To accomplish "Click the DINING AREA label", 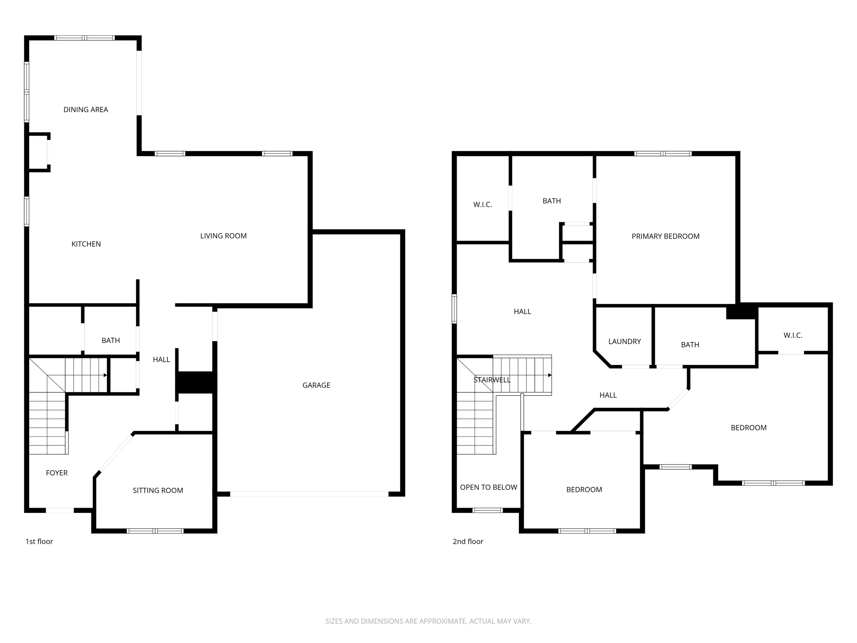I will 86,110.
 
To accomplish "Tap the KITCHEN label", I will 86,244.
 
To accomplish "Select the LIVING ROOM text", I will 223,236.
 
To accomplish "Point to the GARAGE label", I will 316,385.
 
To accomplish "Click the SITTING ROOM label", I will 158,491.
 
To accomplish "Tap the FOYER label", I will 56,473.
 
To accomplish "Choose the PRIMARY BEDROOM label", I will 665,237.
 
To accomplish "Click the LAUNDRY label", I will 624,342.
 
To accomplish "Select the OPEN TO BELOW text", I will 488,487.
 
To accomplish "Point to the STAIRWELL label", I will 492,380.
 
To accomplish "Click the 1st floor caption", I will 39,542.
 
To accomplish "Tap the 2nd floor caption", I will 468,542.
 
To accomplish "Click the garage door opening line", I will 309,494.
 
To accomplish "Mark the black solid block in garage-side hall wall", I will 196,382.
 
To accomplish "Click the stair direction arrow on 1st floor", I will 105,376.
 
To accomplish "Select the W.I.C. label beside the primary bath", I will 482,205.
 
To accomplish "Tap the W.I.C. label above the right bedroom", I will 793,335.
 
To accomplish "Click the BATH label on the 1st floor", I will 110,341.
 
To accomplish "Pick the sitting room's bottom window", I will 155,531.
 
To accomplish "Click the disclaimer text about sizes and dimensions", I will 428,621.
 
